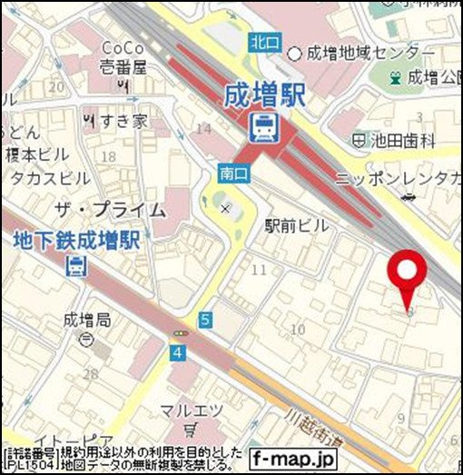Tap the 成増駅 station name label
point(266,94)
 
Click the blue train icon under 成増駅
point(266,127)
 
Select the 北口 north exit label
point(263,42)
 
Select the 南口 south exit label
point(231,171)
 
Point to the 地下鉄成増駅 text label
point(76,242)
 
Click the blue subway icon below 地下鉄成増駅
point(77,266)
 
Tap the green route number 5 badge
point(206,319)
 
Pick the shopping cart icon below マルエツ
point(190,429)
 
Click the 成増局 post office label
point(87,320)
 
